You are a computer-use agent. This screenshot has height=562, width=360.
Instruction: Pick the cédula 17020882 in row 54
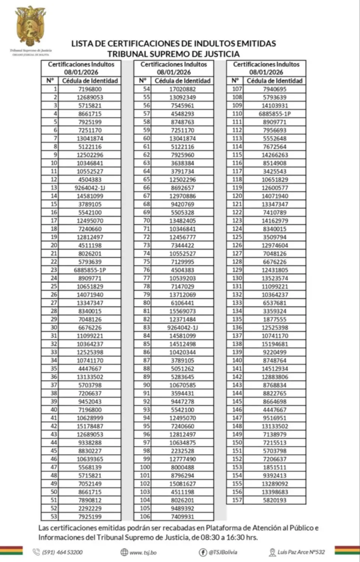coord(182,89)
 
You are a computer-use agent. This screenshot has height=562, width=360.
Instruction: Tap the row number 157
coord(237,500)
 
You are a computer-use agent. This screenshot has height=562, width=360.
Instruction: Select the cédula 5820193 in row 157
coord(275,500)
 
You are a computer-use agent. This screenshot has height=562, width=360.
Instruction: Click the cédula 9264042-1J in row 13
coord(90,188)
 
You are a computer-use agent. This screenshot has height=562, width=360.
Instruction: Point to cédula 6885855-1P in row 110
coord(275,114)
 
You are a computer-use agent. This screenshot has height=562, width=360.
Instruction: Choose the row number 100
coord(145,467)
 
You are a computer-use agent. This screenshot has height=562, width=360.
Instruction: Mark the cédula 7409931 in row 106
coord(182,517)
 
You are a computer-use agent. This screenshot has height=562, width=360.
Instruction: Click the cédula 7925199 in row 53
coord(90,517)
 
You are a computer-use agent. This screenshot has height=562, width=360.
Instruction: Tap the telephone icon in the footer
coord(36,552)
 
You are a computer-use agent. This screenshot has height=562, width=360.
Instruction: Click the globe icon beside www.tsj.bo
coord(124,552)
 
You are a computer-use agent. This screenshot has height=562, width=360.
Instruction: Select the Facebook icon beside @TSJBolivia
coord(203,552)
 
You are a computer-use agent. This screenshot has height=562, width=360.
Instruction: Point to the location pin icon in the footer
coord(272,552)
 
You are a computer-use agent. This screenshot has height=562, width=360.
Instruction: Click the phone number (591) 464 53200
coord(62,552)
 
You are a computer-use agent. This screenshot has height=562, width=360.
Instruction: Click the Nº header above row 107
coord(235,81)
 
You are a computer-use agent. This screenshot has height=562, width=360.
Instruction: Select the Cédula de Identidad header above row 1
coord(90,81)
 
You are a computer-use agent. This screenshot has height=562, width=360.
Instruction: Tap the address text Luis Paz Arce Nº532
coord(301,552)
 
